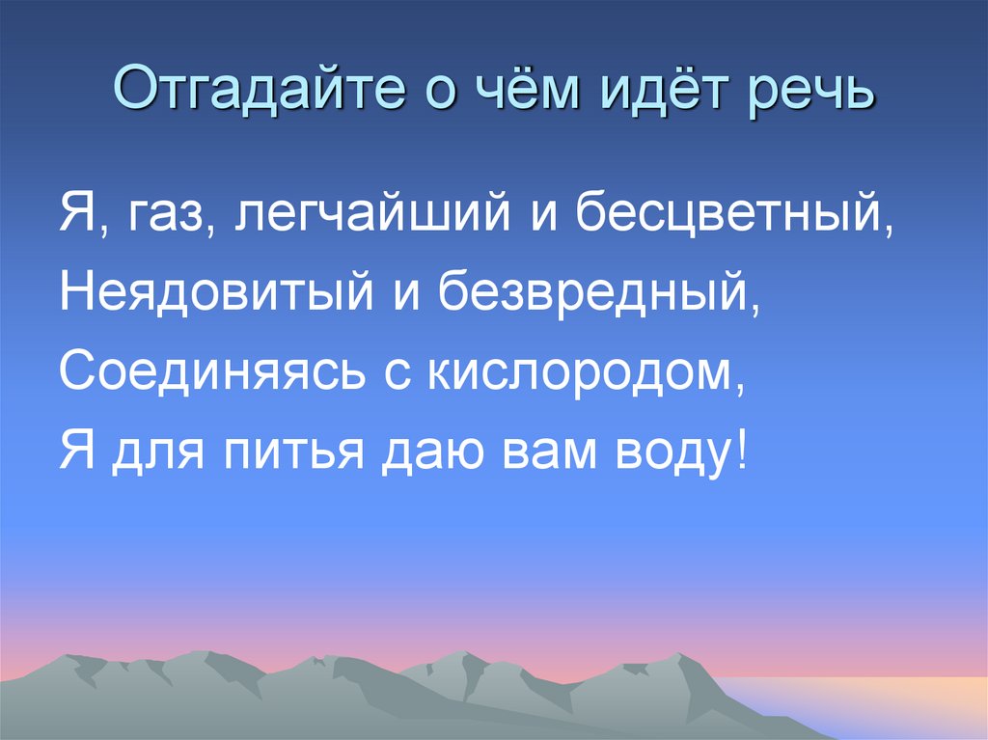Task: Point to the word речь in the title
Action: (x=812, y=95)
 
